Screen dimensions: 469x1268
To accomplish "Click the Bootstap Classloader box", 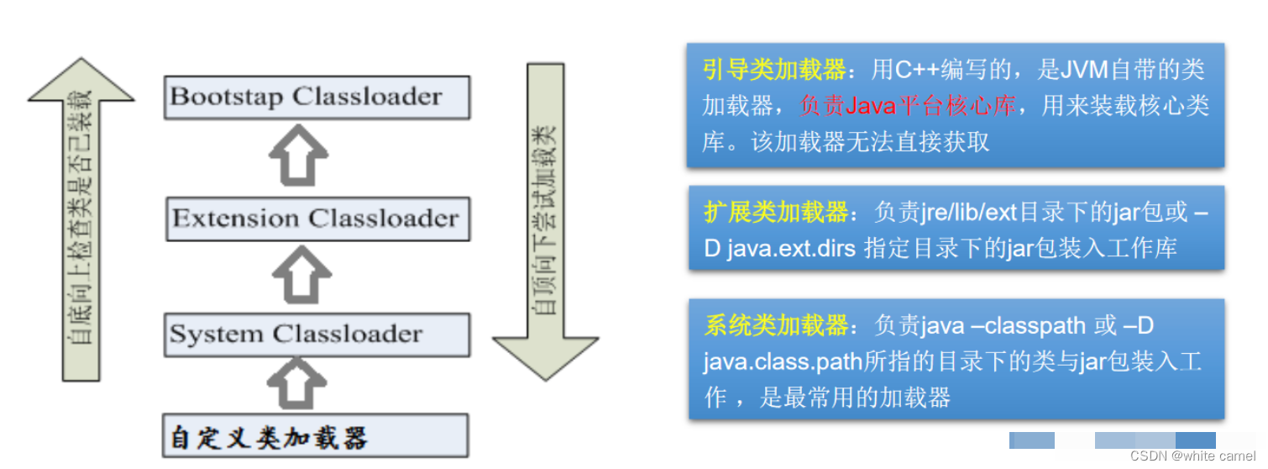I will [x=317, y=97].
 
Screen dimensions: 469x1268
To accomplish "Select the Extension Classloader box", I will [x=317, y=219].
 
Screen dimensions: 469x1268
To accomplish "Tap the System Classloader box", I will [x=317, y=335].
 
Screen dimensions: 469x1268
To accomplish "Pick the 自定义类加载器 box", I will [x=314, y=437].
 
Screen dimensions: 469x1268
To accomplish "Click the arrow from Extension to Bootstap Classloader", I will [x=298, y=158].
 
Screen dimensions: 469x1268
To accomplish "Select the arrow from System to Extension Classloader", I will [x=298, y=276].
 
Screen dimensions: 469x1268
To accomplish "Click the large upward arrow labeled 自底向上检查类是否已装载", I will [x=81, y=219].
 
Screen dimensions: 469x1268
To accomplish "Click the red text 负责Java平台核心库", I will [x=907, y=106].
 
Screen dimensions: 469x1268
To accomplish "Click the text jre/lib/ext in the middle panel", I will [x=969, y=213].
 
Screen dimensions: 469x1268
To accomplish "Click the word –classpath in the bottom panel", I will [x=1021, y=325].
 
